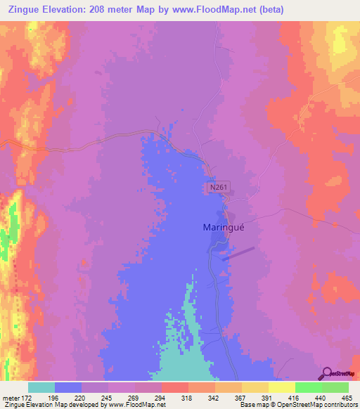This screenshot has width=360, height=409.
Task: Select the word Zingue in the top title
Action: (x=27, y=10)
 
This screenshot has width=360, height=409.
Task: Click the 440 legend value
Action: (x=319, y=397)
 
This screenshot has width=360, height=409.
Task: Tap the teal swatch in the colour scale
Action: (x=41, y=387)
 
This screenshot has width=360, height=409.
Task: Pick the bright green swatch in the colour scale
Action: (x=308, y=387)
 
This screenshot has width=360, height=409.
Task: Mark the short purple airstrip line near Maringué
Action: (x=238, y=253)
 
